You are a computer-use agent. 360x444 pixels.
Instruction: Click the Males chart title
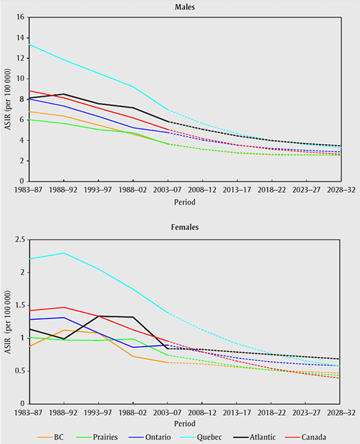[x=187, y=6]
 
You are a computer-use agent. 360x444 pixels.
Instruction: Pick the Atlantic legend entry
[x=273, y=436]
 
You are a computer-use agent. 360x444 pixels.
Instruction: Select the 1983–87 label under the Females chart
[x=29, y=413]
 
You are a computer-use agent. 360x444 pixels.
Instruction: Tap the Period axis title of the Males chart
[x=187, y=203]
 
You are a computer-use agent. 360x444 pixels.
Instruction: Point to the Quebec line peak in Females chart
[x=64, y=253]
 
